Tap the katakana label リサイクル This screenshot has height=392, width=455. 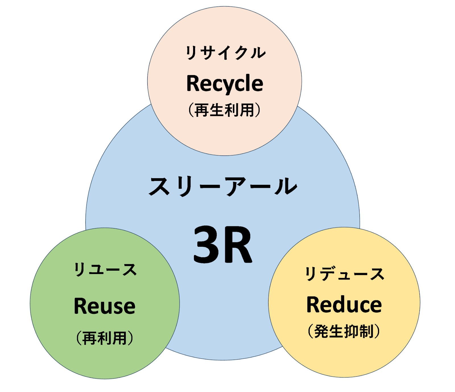[x=225, y=53]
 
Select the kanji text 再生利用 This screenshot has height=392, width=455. [x=224, y=110]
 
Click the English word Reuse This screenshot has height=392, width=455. [x=105, y=306]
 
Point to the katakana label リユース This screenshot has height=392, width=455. [x=105, y=269]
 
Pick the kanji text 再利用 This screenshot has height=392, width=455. [x=105, y=338]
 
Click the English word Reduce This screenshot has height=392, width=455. [x=344, y=305]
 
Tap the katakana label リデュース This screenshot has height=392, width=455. [x=344, y=274]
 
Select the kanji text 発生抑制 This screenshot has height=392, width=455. [x=344, y=331]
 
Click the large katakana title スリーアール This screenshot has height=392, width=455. [x=223, y=186]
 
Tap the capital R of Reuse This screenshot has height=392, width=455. [x=80, y=306]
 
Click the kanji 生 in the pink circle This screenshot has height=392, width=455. [x=217, y=110]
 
